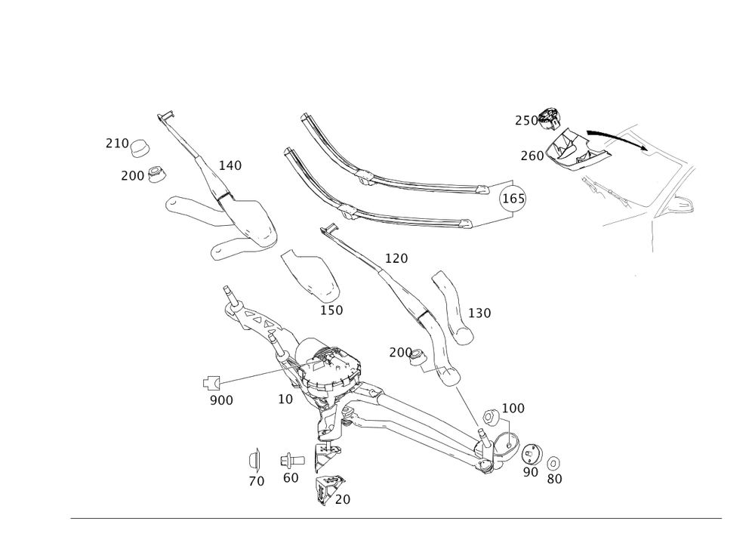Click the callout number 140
(x=230, y=165)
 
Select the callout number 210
(x=116, y=142)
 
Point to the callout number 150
(x=332, y=310)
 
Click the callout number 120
(x=396, y=258)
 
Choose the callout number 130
(x=479, y=313)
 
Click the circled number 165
(x=514, y=198)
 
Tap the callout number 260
(x=532, y=156)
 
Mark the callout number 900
(x=221, y=400)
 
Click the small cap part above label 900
(x=211, y=382)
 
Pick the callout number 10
(x=285, y=399)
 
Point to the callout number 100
(x=513, y=408)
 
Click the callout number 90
(x=531, y=472)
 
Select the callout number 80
(x=555, y=478)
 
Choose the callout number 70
(x=257, y=481)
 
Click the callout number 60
(x=291, y=477)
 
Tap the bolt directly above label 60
(x=291, y=459)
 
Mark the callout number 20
(x=342, y=499)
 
